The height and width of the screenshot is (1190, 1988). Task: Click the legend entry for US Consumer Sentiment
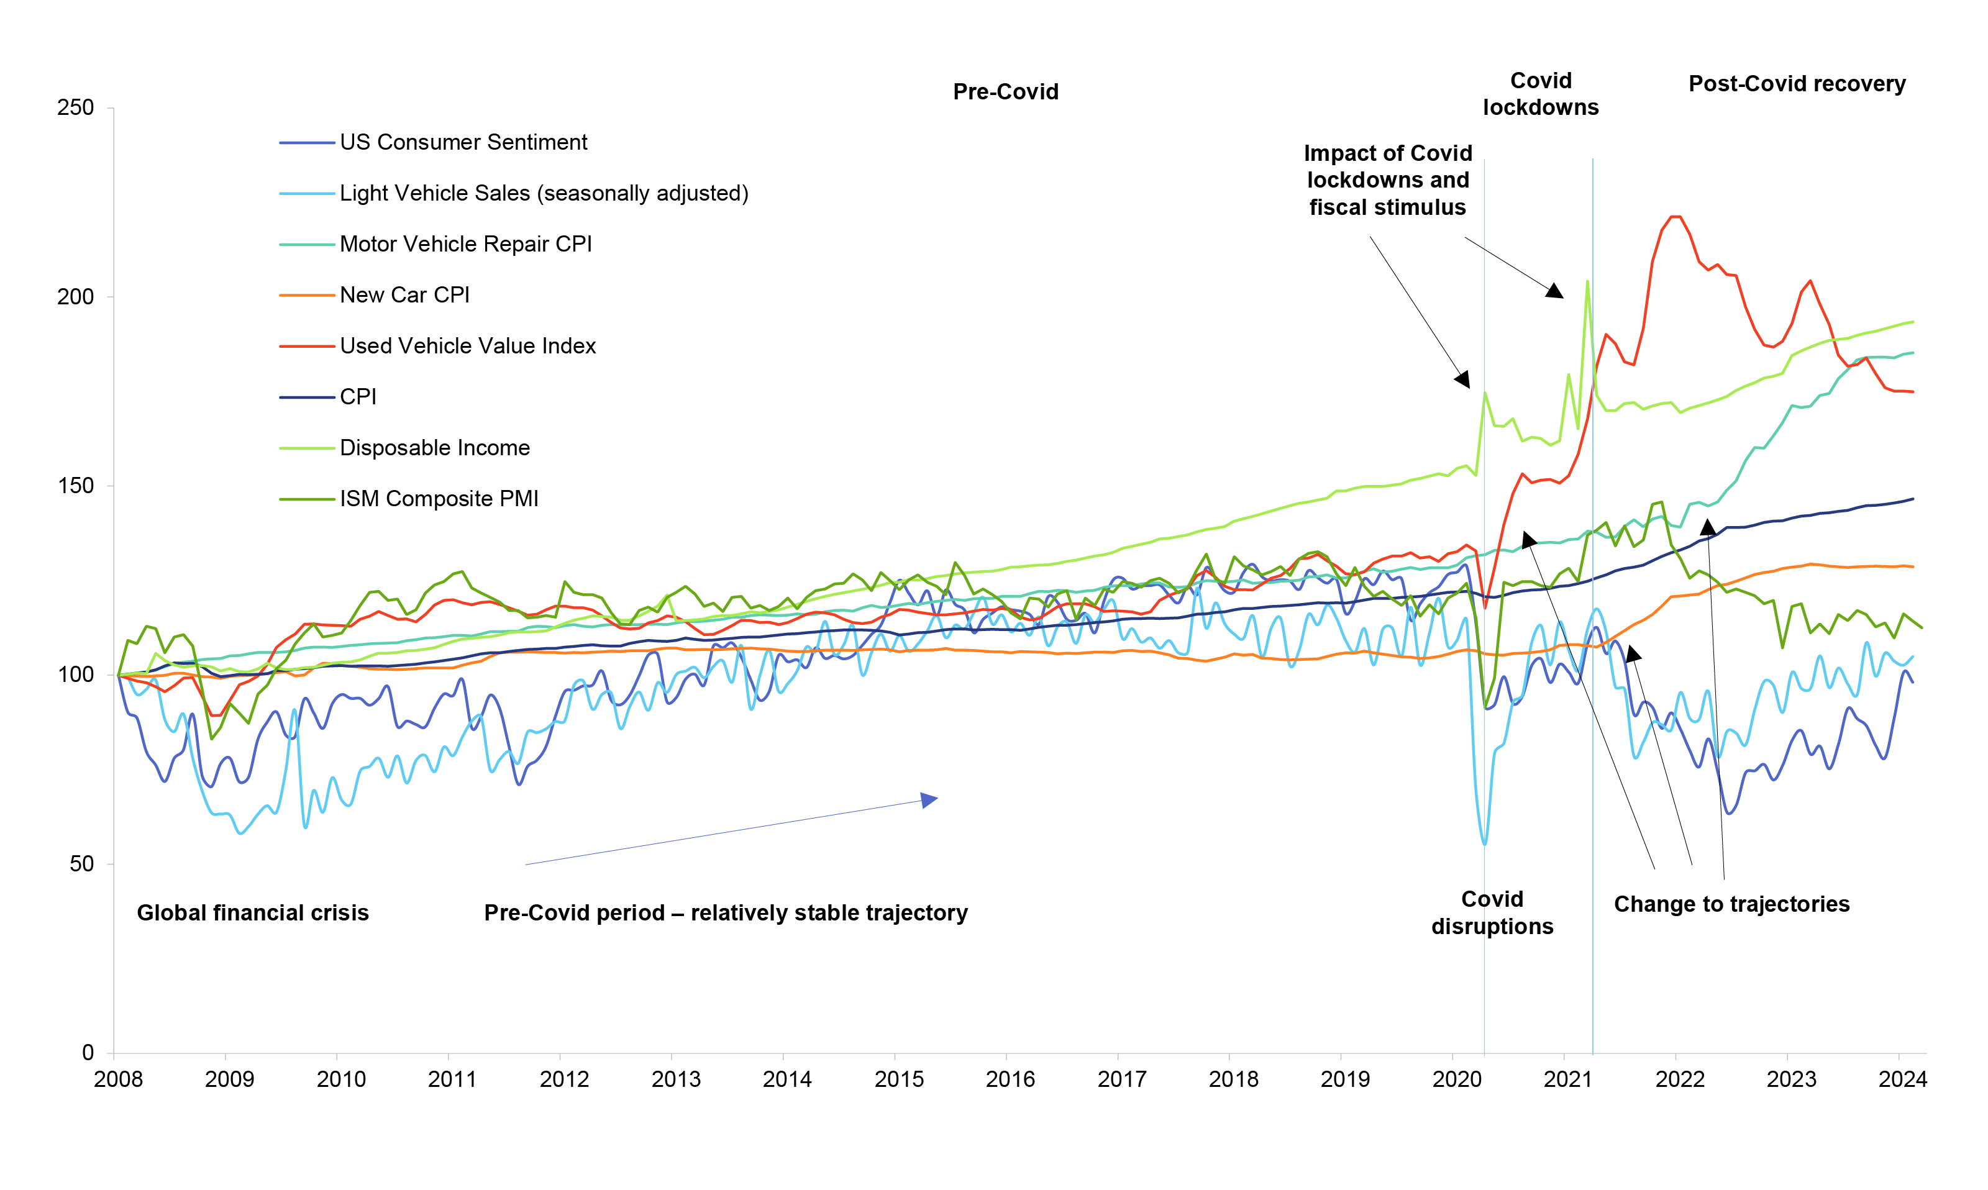click(x=463, y=143)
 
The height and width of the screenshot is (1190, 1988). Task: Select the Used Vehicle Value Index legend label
click(x=468, y=347)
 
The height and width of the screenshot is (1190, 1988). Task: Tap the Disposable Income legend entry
click(x=435, y=448)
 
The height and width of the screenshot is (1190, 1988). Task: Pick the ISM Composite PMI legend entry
click(x=439, y=499)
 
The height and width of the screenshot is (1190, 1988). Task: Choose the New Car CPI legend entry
click(x=404, y=295)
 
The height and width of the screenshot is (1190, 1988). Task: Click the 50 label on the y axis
click(x=82, y=865)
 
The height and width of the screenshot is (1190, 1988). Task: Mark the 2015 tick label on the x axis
click(x=899, y=1079)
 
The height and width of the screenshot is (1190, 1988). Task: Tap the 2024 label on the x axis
click(x=1902, y=1079)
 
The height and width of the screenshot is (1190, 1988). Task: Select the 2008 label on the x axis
click(x=119, y=1079)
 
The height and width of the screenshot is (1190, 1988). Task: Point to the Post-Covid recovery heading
click(x=1796, y=84)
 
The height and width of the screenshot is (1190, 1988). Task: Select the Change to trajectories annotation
click(x=1731, y=904)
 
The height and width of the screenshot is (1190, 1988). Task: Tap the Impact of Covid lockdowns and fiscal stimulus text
click(x=1387, y=180)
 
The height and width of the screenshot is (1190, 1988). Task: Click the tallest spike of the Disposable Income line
click(x=1587, y=281)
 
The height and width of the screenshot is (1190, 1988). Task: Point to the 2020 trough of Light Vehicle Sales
click(x=1484, y=843)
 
